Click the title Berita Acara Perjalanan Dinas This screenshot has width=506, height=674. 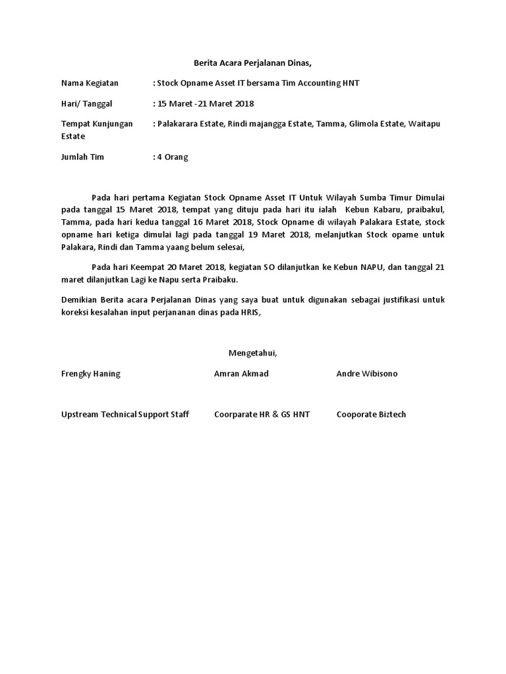click(x=252, y=63)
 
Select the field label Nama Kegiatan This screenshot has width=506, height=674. click(x=90, y=83)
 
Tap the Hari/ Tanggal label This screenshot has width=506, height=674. click(x=87, y=103)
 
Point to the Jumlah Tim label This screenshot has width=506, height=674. click(x=82, y=157)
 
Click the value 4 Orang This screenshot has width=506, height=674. click(x=173, y=157)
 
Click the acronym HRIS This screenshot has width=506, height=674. click(x=250, y=313)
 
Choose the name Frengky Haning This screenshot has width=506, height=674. click(x=91, y=374)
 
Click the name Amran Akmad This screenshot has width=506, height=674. click(x=241, y=374)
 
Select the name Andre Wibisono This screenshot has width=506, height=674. click(x=367, y=374)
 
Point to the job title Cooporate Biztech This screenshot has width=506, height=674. click(x=371, y=414)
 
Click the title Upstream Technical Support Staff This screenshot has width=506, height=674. click(x=125, y=414)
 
